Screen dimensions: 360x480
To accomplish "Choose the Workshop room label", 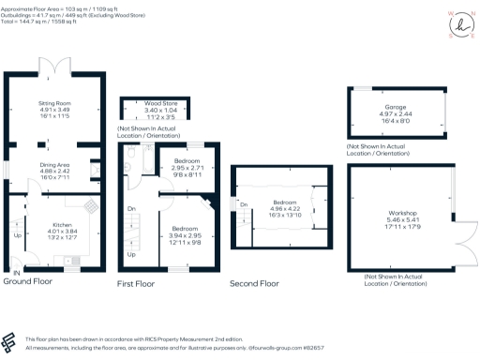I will (x=402, y=215).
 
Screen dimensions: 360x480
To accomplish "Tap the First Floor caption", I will (x=137, y=282).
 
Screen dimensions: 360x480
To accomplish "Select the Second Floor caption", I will (x=255, y=282).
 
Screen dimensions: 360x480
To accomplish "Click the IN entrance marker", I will (x=14, y=273).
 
